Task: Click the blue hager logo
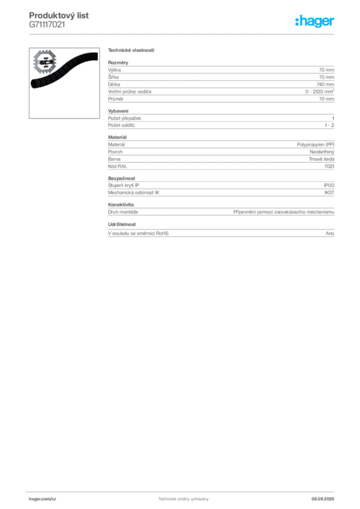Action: coord(316,21)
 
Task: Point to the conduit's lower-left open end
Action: coord(34,83)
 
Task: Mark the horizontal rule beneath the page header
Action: coord(182,34)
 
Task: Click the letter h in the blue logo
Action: coord(300,21)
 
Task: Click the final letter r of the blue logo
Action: coord(334,22)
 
